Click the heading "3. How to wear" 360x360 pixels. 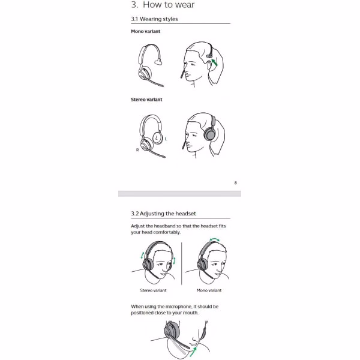point(163,5)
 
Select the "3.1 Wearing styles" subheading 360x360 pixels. point(154,19)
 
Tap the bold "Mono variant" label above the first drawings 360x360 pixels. point(146,31)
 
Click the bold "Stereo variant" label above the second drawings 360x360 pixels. point(146,100)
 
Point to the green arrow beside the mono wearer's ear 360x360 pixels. point(214,62)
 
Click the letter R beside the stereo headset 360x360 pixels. point(137,150)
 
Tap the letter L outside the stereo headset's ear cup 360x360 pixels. point(166,139)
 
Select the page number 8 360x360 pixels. point(235,183)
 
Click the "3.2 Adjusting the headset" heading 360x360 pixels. point(163,214)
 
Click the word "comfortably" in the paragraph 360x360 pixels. point(167,232)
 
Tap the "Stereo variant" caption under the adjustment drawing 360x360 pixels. point(153,290)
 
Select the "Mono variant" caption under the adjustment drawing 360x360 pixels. point(209,290)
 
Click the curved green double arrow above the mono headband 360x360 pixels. point(214,239)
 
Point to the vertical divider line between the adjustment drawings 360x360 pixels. point(181,263)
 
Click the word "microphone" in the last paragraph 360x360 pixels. point(179,307)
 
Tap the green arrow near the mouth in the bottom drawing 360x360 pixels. point(193,352)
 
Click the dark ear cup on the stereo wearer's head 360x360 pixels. point(210,134)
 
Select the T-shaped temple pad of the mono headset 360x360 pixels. point(157,62)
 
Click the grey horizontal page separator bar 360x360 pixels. point(179,194)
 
